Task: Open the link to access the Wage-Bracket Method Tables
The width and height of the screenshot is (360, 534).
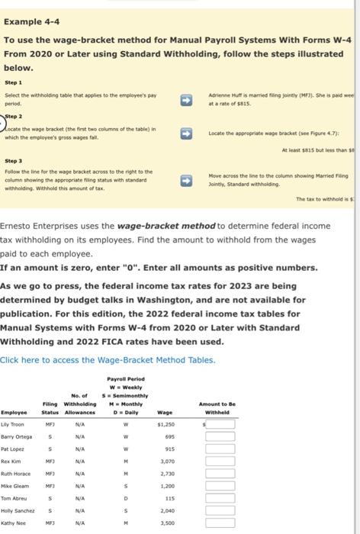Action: [x=108, y=359]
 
